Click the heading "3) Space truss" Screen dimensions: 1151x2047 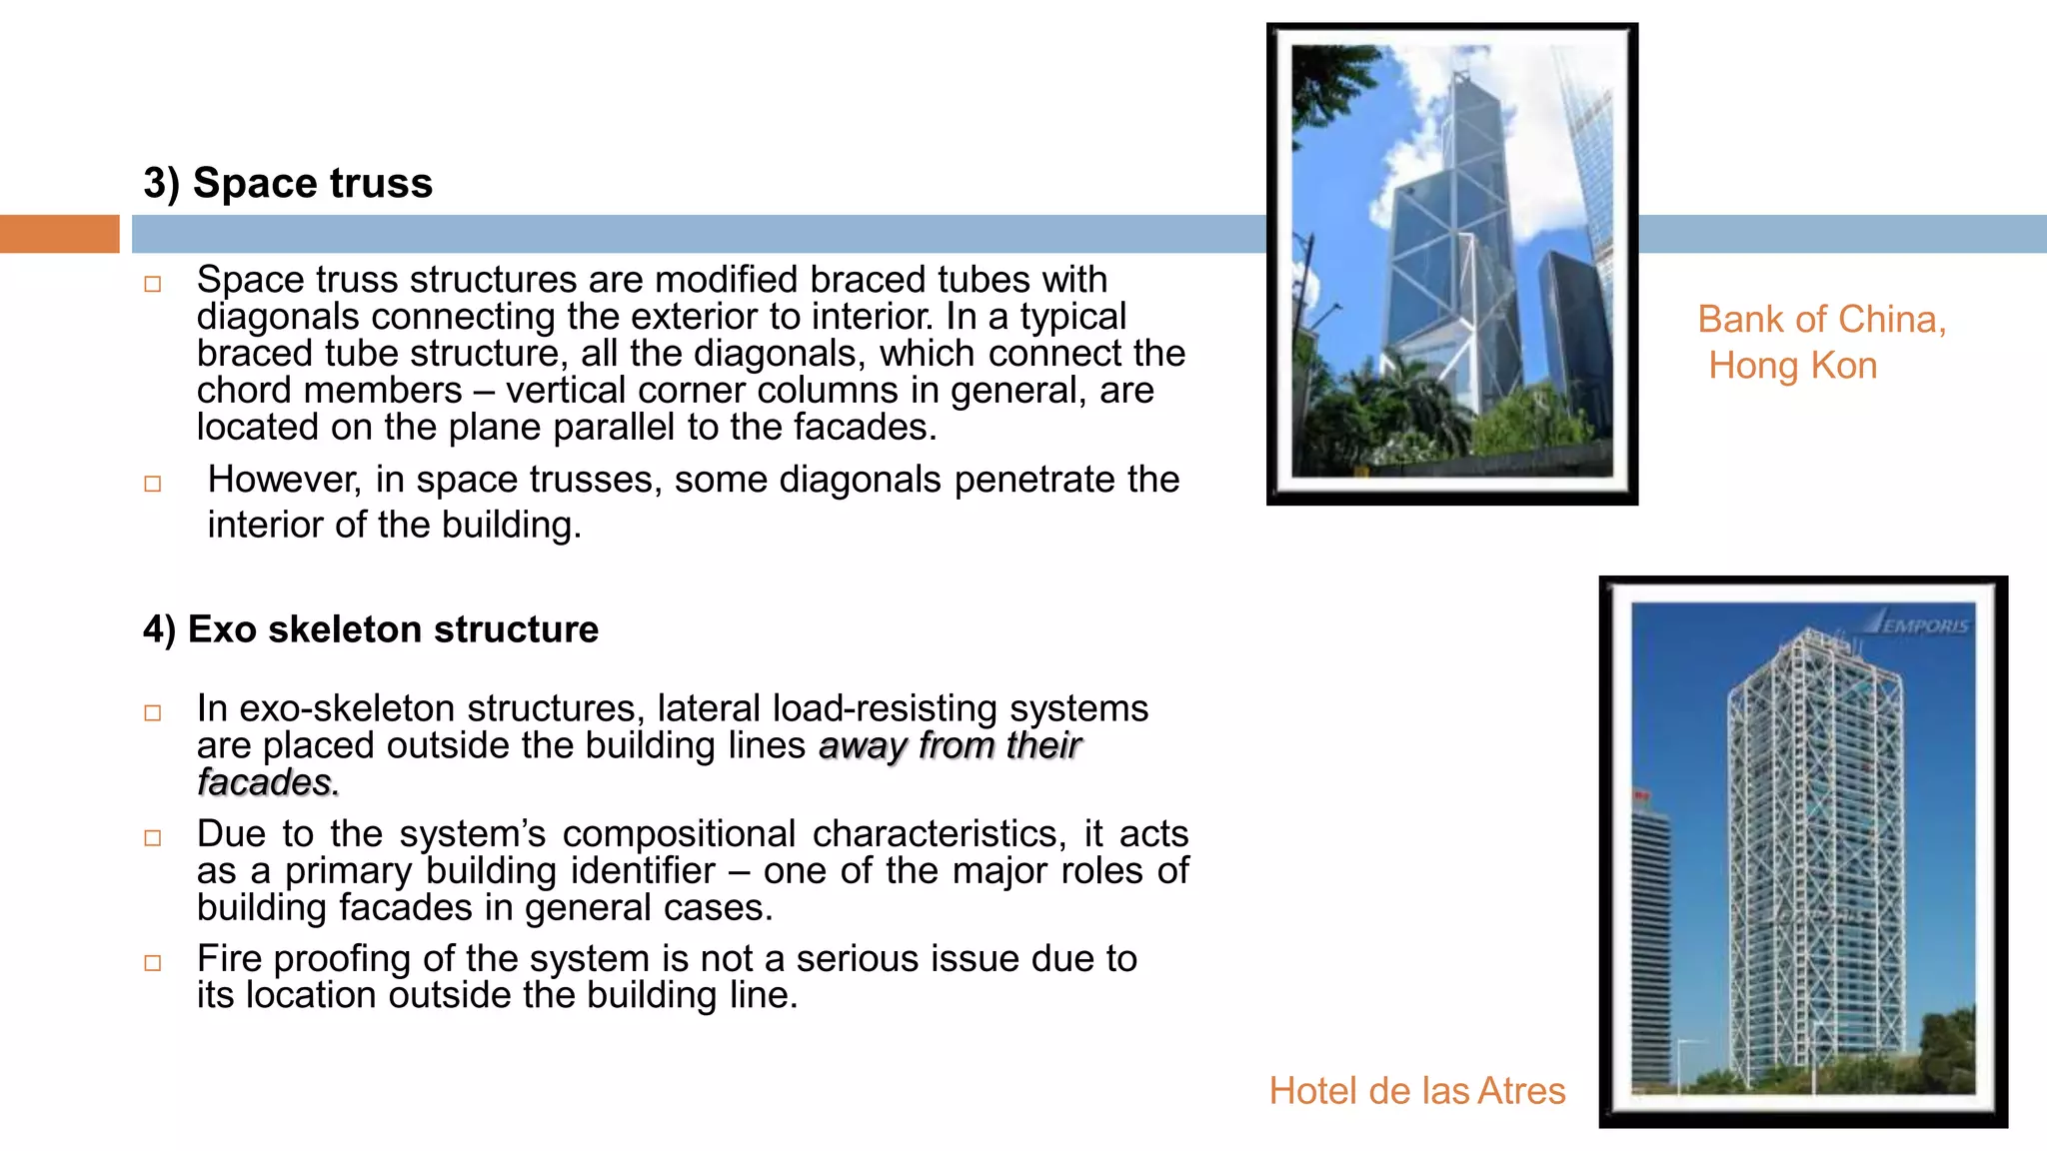pos(288,184)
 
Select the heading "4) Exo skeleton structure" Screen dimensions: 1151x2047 pos(371,629)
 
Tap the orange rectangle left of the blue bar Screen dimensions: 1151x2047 pos(59,234)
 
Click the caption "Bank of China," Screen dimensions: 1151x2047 pos(1821,320)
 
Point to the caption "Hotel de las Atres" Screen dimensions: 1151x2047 pos(1416,1091)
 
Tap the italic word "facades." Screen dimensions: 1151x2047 pos(268,782)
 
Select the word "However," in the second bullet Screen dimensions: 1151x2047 pos(283,481)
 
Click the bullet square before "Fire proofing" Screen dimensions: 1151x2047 pos(153,963)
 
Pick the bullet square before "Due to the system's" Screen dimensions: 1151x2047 pos(153,838)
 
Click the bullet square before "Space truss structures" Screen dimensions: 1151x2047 pos(153,285)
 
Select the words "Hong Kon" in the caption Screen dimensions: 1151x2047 pos(1792,366)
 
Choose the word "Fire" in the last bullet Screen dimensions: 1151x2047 pos(229,959)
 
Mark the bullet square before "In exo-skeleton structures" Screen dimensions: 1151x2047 pos(153,713)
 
